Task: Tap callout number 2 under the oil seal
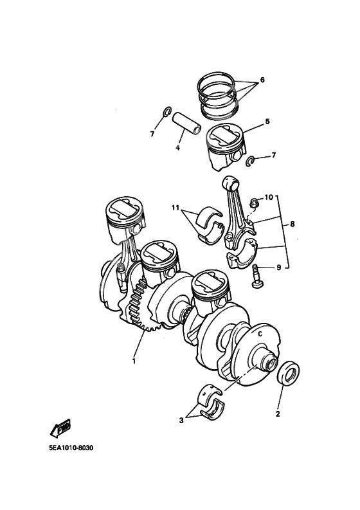[x=278, y=414]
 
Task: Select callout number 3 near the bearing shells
[x=181, y=421]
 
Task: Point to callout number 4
[x=177, y=148]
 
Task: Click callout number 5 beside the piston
[x=267, y=120]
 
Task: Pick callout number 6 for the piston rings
[x=262, y=81]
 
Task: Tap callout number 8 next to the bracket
[x=292, y=224]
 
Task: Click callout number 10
[x=269, y=196]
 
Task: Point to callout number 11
[x=175, y=208]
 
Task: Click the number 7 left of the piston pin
[x=152, y=133]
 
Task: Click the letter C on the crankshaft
[x=260, y=334]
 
